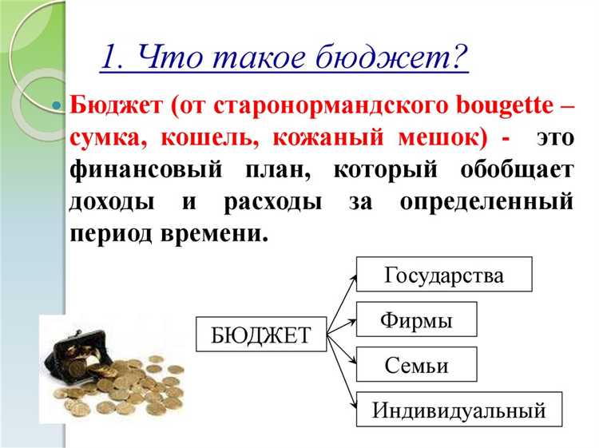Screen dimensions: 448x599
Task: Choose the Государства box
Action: pos(444,276)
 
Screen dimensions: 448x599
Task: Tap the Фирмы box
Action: pos(416,321)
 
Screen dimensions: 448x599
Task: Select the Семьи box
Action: pos(416,366)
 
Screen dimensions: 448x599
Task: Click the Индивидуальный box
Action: pos(459,410)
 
